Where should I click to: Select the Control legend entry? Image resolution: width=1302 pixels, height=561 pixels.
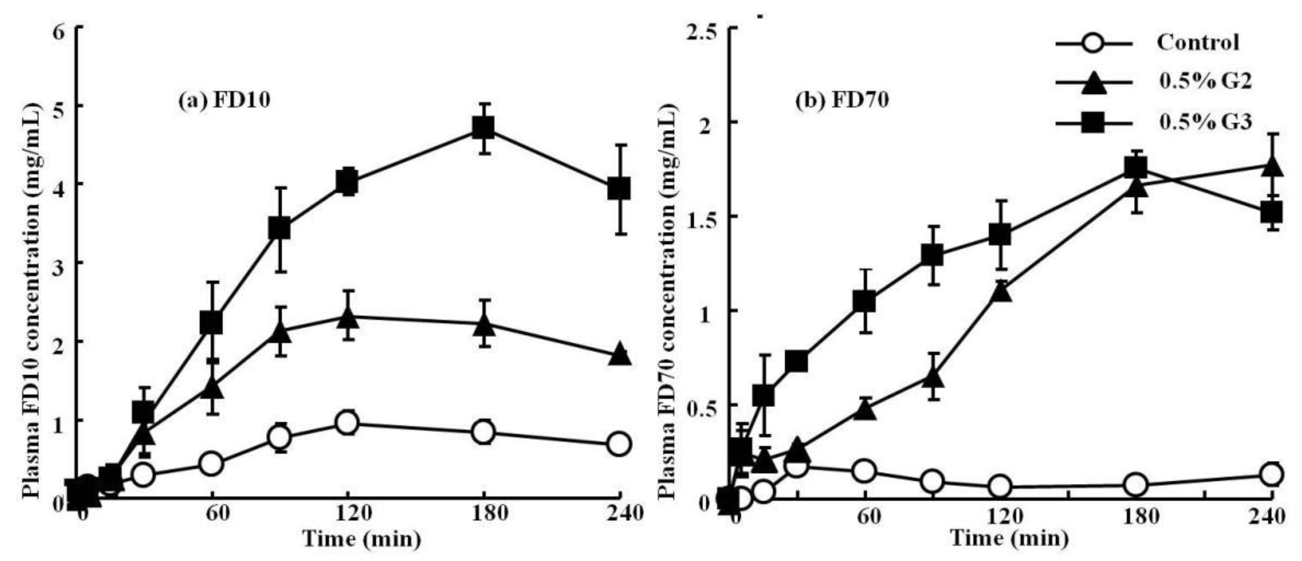click(1198, 43)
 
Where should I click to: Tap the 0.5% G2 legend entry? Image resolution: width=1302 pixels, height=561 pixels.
click(1198, 82)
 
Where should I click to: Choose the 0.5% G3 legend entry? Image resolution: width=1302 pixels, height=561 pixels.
click(1198, 123)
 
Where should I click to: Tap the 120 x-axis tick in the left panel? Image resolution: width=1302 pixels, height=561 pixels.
click(347, 514)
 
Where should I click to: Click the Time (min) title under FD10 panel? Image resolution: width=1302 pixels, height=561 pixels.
click(362, 539)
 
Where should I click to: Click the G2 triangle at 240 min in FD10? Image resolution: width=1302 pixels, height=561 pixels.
click(620, 355)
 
